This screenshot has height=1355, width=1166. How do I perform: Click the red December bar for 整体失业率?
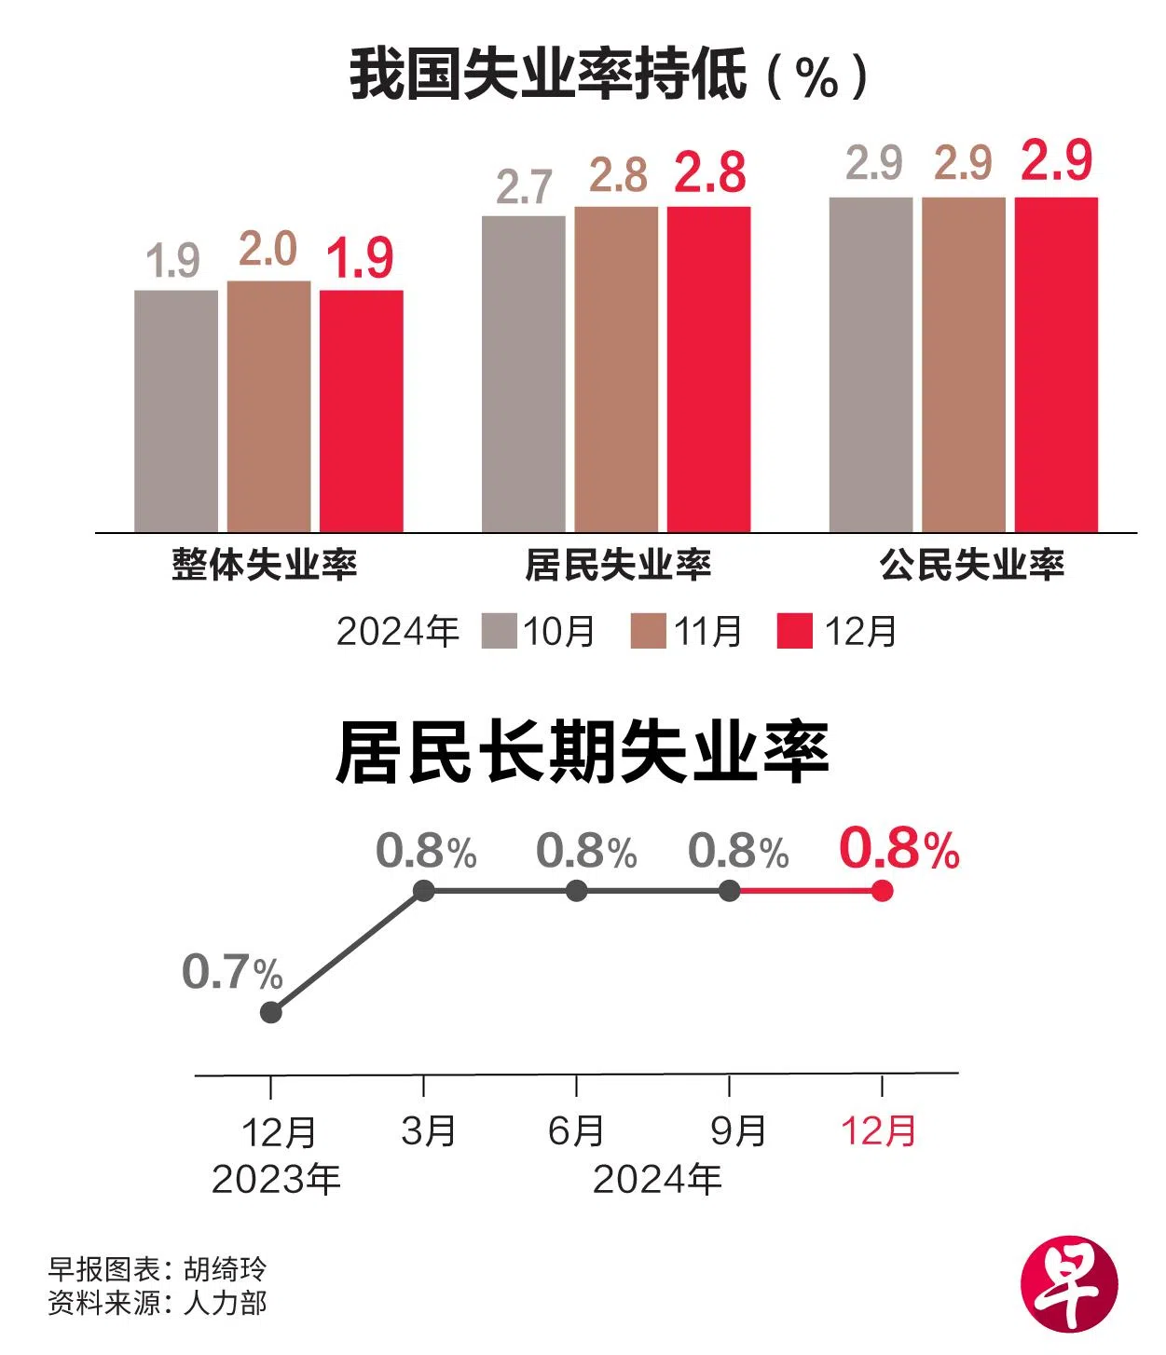[362, 411]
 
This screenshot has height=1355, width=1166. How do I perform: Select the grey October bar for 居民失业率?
[523, 374]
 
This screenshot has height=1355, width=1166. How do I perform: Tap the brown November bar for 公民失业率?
[964, 364]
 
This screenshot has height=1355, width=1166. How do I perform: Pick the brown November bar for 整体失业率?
[268, 406]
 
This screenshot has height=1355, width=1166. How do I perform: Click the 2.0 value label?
[267, 250]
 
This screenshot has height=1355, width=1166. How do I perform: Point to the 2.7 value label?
[523, 187]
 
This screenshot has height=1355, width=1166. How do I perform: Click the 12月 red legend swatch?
[794, 631]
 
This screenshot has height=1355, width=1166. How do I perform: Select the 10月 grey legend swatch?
[499, 631]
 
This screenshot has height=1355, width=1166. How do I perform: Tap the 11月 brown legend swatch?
[648, 631]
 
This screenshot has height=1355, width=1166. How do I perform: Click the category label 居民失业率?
[617, 565]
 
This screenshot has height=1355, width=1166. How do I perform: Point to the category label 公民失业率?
[971, 565]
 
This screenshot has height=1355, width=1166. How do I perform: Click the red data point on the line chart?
[882, 891]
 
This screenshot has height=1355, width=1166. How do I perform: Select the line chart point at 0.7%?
[271, 1012]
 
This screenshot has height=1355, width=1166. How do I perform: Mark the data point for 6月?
[577, 891]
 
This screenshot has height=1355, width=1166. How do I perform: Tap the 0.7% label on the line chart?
[232, 972]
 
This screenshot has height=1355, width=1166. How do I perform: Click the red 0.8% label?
[899, 849]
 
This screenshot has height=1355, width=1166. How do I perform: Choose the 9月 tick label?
[738, 1131]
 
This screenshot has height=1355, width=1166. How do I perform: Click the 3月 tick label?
[429, 1131]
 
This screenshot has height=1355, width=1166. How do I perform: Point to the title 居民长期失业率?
[583, 753]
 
